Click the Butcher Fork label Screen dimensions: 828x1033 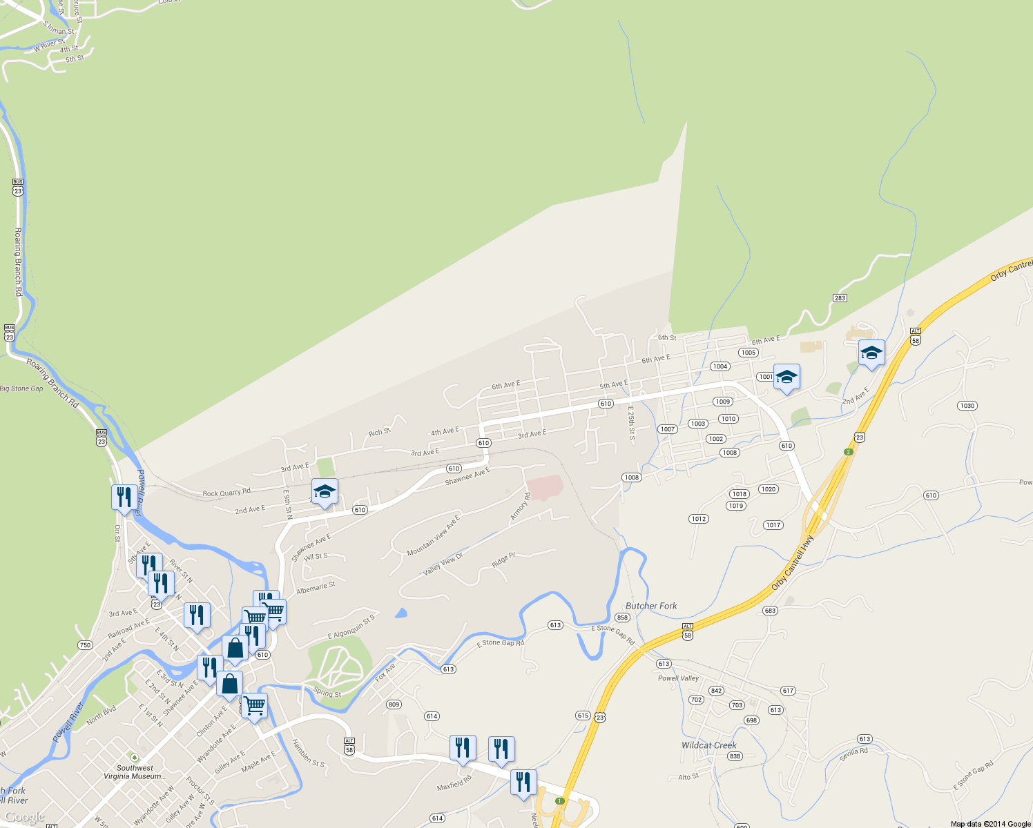[651, 606]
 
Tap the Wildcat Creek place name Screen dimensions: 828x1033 [708, 745]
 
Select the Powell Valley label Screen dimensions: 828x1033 [678, 678]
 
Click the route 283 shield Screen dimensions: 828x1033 [840, 298]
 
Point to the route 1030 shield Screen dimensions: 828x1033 [967, 406]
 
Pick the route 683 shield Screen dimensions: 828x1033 [771, 611]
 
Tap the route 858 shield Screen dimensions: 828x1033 [622, 618]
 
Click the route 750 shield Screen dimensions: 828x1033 [85, 645]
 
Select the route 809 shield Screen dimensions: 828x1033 [394, 704]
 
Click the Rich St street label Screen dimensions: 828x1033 [379, 433]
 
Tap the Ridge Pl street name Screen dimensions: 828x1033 [503, 560]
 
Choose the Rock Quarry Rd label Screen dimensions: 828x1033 [226, 493]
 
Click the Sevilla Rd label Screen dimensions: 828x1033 [853, 755]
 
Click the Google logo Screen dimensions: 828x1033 [25, 818]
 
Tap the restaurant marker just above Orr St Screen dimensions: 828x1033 [124, 497]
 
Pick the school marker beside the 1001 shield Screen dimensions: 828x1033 [786, 377]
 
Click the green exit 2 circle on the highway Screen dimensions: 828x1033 [849, 452]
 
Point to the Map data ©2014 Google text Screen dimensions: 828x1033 [990, 824]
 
